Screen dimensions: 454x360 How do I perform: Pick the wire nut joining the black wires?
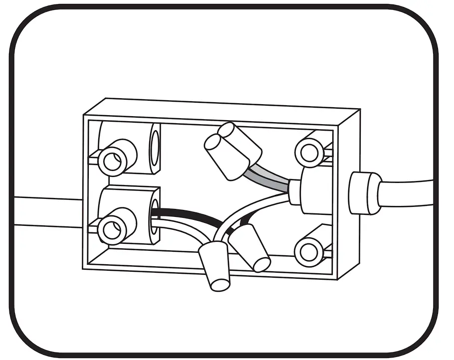249,247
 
